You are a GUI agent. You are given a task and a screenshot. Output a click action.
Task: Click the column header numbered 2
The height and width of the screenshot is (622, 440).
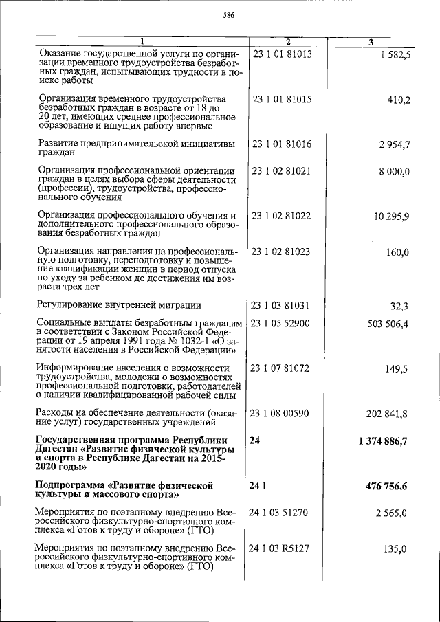coord(288,43)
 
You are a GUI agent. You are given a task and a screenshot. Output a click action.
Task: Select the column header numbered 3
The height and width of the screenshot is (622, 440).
coord(371,43)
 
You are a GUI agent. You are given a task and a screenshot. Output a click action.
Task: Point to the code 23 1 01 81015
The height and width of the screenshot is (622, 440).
coord(282,99)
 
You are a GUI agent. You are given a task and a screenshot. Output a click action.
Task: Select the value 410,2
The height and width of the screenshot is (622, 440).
coord(398,100)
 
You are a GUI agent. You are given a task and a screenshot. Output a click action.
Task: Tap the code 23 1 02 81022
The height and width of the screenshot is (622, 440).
coord(282,216)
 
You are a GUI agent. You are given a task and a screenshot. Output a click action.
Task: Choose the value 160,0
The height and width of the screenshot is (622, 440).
coord(398,252)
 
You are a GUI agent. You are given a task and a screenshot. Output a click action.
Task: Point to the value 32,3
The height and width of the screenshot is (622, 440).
coord(400,306)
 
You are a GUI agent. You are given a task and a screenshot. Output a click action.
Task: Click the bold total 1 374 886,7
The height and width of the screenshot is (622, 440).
coord(384,440)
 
